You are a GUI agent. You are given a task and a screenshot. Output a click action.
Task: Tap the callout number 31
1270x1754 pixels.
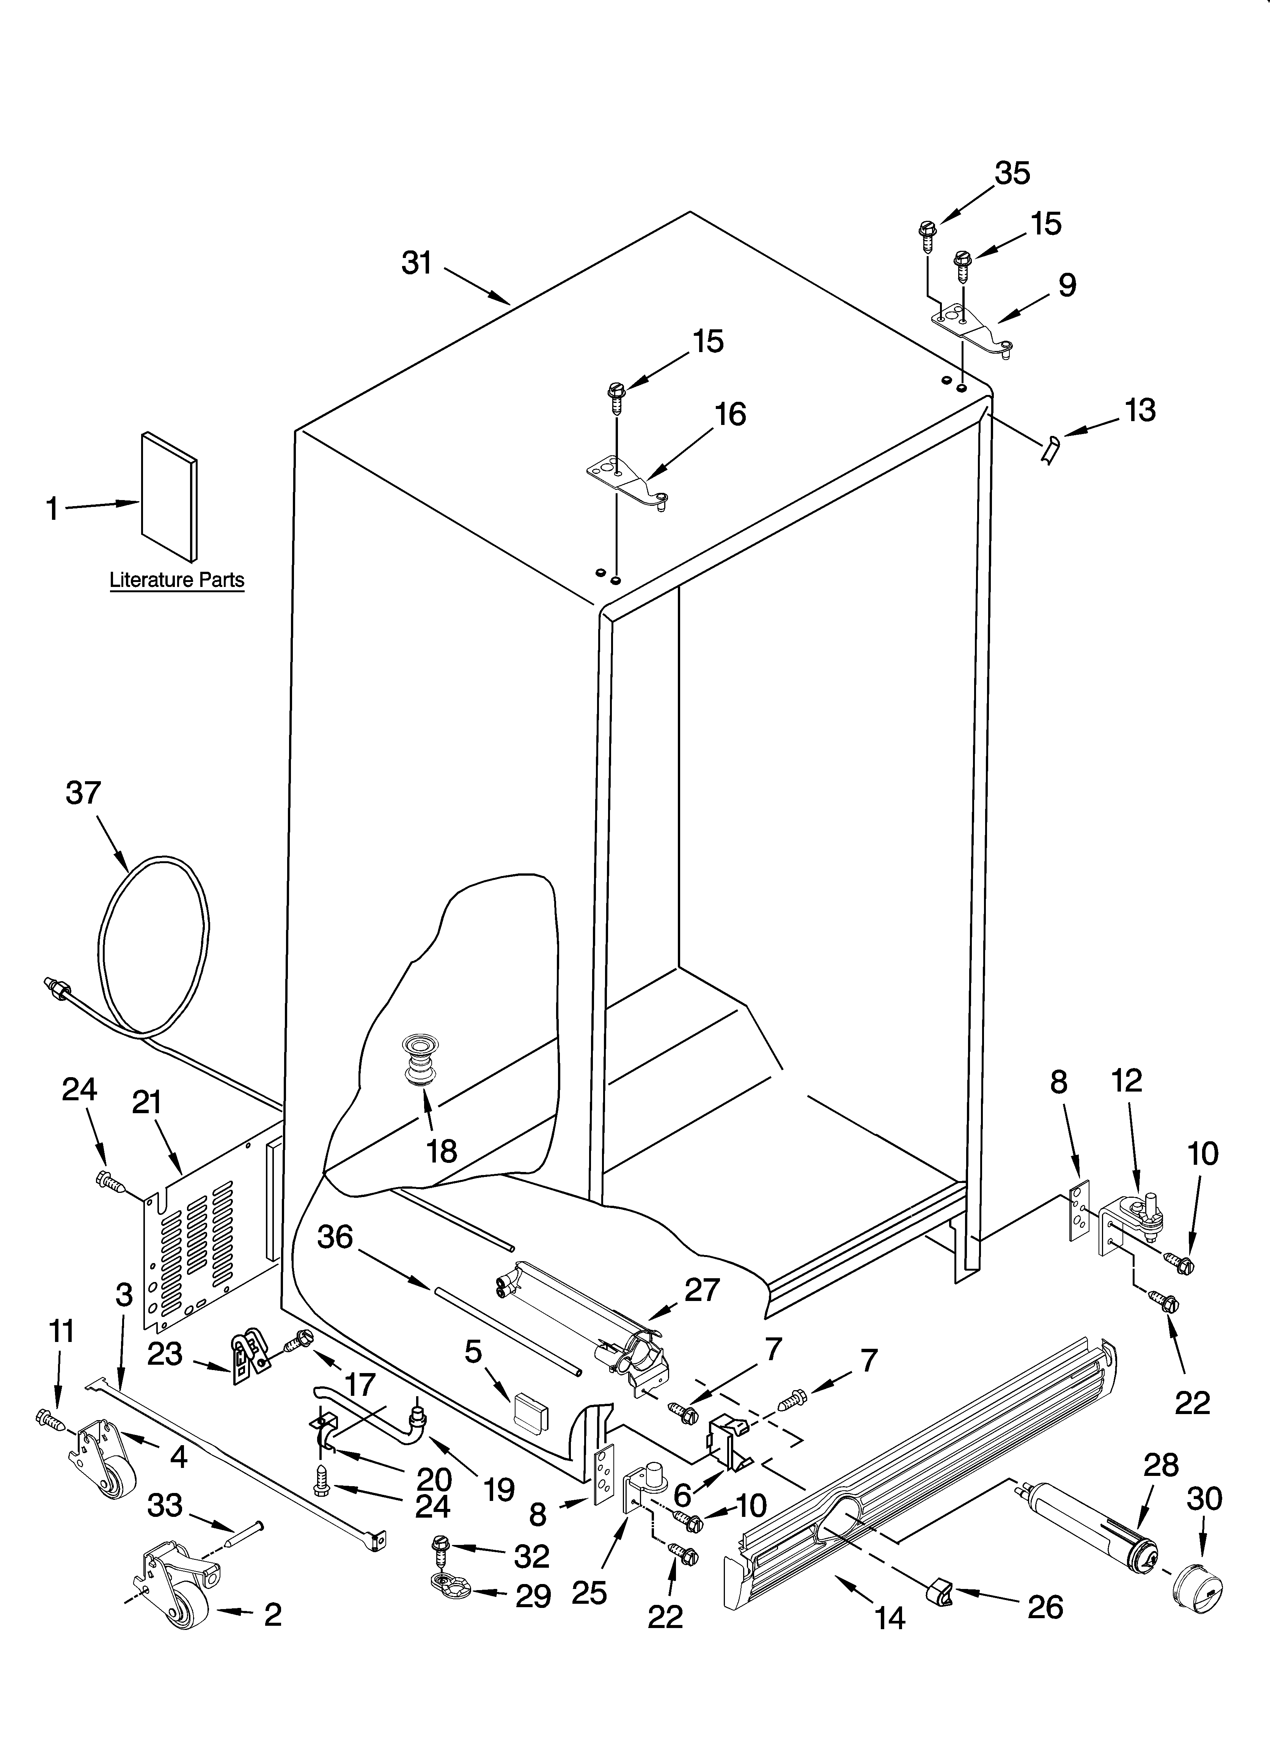pos(417,264)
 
